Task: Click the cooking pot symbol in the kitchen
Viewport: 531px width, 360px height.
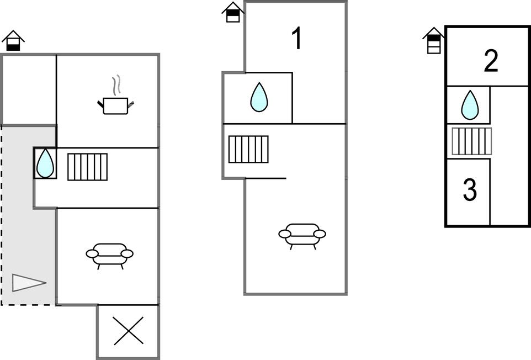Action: pos(115,105)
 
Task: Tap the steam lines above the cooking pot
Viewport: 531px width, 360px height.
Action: pos(116,84)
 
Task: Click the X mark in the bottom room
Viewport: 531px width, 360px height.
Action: pos(129,331)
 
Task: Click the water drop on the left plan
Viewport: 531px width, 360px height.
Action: pos(45,163)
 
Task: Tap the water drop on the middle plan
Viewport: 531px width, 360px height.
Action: pos(259,97)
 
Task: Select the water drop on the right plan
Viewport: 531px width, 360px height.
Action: pos(470,105)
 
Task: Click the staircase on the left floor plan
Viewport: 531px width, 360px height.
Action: pos(88,167)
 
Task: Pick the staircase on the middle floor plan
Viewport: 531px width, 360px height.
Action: pos(248,149)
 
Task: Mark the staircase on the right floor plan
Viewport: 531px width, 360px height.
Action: pos(472,141)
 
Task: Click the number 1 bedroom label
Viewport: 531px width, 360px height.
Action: pos(297,39)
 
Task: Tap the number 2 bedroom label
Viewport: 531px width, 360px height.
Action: pos(491,61)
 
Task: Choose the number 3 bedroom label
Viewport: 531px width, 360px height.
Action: pos(470,190)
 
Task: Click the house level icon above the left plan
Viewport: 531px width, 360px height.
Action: pos(13,41)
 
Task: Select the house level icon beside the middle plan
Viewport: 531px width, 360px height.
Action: pos(233,12)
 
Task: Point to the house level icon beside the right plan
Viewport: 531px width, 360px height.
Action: pos(434,41)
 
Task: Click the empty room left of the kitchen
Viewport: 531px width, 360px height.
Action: pos(29,90)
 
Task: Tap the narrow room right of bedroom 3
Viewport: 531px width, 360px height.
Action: pos(509,156)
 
